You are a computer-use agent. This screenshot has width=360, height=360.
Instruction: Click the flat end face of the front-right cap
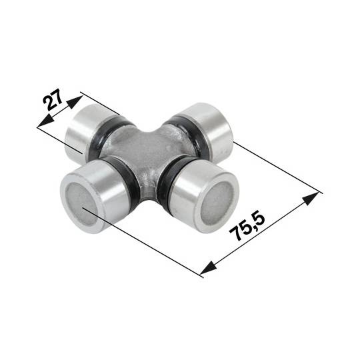click(x=211, y=203)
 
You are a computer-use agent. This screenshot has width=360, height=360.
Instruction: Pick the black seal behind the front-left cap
click(x=131, y=185)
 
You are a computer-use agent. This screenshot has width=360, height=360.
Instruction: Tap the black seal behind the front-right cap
click(x=171, y=184)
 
